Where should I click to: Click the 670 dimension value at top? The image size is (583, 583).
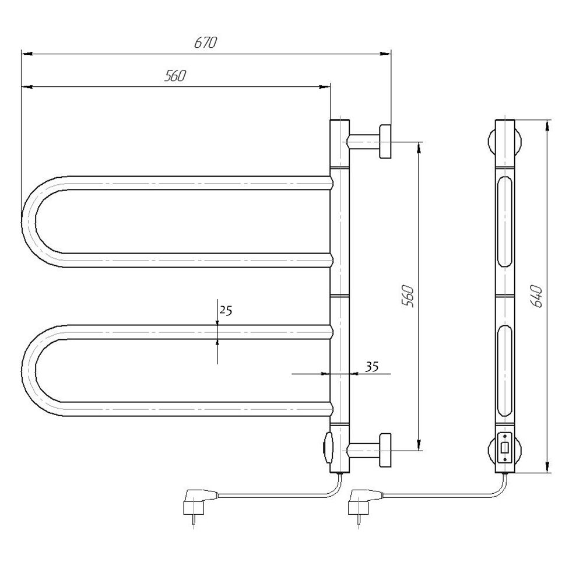click(x=205, y=43)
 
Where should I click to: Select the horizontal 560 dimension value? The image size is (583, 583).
click(x=175, y=76)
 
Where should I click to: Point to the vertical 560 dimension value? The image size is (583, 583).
click(x=408, y=296)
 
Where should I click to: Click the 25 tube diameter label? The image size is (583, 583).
click(x=226, y=310)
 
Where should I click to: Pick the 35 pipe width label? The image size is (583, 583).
click(x=371, y=367)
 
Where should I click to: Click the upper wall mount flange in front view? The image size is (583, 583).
click(x=385, y=142)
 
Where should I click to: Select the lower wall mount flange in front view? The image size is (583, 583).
click(x=385, y=450)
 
